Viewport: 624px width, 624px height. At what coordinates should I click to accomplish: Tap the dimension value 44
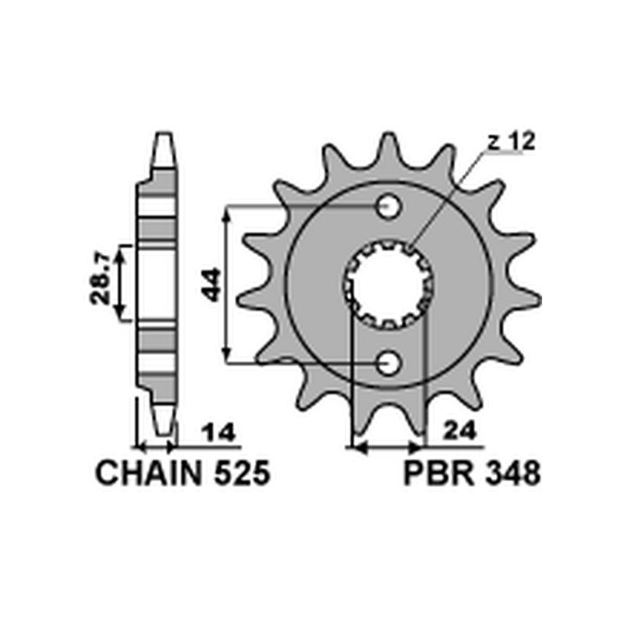[211, 285]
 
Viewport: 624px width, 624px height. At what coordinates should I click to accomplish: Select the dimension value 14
[218, 433]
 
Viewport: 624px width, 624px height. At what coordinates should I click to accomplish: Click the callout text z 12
[512, 142]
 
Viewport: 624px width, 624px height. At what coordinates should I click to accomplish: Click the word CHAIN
[150, 473]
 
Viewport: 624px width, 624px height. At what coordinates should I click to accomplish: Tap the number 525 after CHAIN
[243, 473]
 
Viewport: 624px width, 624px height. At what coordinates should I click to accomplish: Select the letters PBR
[439, 473]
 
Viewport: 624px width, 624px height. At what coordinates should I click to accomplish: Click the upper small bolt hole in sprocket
[388, 207]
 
